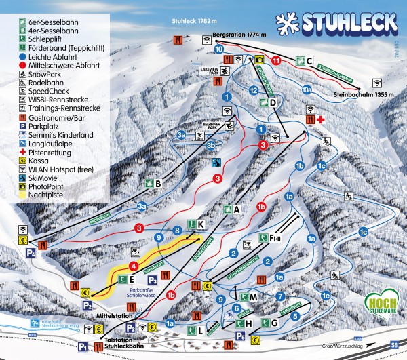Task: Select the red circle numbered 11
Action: [275, 60]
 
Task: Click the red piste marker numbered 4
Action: [134, 266]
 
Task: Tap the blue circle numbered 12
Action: [253, 89]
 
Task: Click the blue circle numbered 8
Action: [177, 231]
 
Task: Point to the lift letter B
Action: [157, 183]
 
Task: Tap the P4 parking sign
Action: [31, 253]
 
